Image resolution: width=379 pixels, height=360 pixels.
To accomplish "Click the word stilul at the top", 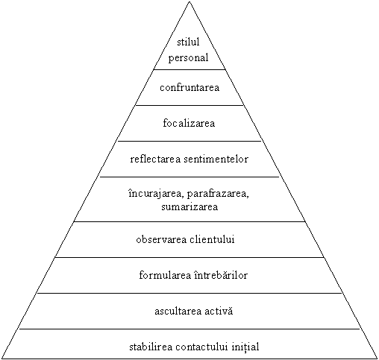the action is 188,42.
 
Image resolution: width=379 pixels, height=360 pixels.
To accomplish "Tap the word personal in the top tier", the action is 188,58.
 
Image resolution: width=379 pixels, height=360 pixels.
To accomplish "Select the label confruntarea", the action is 189,87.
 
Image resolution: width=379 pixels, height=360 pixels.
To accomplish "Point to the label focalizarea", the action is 189,123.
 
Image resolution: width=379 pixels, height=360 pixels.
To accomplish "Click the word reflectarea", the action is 155,159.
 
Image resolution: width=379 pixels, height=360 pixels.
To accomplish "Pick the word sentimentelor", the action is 216,159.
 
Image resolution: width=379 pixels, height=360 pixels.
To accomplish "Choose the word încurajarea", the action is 156,194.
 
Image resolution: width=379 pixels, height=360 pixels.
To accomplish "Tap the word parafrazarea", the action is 218,194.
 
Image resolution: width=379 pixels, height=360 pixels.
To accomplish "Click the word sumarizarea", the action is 189,206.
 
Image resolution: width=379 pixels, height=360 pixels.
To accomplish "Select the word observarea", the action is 161,239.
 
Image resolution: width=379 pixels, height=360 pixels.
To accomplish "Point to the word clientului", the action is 212,239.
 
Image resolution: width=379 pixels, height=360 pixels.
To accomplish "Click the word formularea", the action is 165,275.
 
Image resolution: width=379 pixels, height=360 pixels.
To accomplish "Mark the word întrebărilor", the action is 221,275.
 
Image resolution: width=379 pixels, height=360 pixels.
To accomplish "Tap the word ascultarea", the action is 178,311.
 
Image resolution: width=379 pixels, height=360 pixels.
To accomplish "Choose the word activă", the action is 219,311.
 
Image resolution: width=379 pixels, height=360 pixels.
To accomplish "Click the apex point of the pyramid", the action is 189,1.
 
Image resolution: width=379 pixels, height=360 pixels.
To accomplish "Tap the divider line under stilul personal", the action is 189,69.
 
